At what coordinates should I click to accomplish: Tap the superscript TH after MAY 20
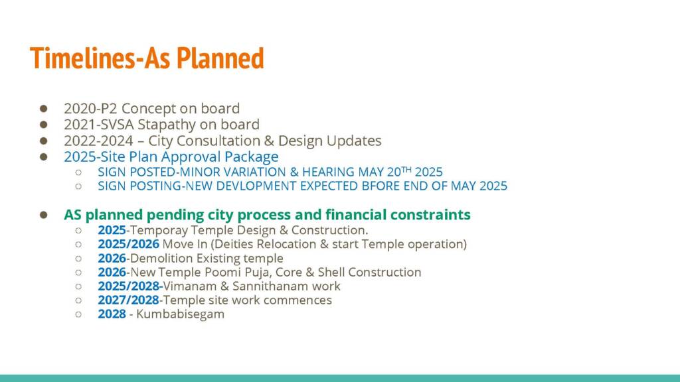[406, 169]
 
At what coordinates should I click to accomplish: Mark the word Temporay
[159, 230]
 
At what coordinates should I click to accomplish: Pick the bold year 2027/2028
[128, 300]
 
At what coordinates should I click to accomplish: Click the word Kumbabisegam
[181, 314]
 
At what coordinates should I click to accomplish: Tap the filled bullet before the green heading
[43, 215]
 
